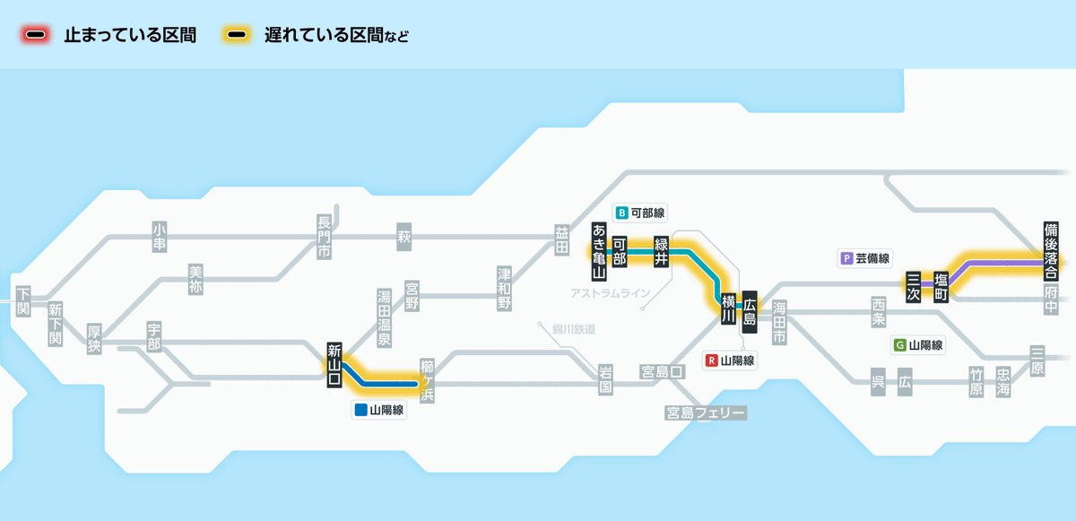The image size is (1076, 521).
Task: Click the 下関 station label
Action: [x=23, y=300]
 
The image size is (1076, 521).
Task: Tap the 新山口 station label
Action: [x=334, y=365]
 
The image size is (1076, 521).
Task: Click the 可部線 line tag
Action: [x=641, y=213]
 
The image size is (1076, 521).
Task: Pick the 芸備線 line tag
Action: [x=866, y=258]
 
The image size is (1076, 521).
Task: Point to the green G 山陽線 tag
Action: [x=918, y=344]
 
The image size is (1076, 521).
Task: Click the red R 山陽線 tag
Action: [x=731, y=360]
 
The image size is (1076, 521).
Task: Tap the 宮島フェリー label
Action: [x=706, y=412]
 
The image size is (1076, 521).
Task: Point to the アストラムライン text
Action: [x=609, y=293]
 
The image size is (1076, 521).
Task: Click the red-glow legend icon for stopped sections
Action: [x=37, y=36]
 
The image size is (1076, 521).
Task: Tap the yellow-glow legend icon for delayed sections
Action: [x=238, y=36]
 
